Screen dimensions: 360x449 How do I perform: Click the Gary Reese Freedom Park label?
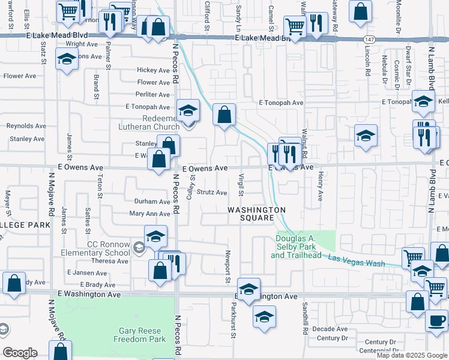pyautogui.click(x=139, y=335)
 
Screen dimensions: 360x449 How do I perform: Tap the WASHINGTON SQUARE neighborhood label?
pyautogui.click(x=256, y=214)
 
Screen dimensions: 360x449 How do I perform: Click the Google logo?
pyautogui.click(x=20, y=353)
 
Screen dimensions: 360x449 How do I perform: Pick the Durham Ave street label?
pyautogui.click(x=152, y=202)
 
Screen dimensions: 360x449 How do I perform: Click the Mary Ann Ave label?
pyautogui.click(x=150, y=214)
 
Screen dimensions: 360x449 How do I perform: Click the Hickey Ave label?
pyautogui.click(x=154, y=70)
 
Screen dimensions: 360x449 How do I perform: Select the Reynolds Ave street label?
pyautogui.click(x=26, y=126)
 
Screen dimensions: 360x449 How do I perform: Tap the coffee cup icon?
pyautogui.click(x=438, y=319)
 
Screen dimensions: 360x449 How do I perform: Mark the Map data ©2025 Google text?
pyautogui.click(x=412, y=355)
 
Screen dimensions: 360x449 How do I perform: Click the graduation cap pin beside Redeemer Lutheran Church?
pyautogui.click(x=188, y=110)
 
